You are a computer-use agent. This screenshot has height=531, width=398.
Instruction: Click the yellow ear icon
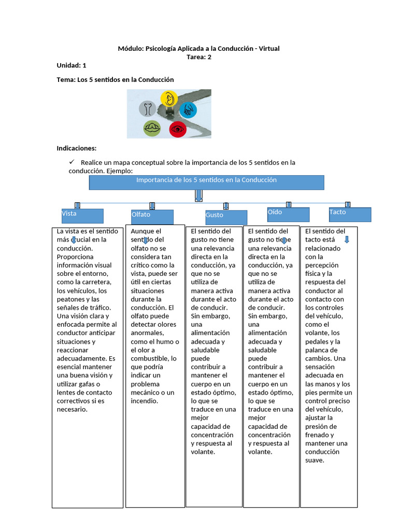pos(169,99)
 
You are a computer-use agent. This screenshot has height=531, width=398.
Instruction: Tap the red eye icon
pos(178,129)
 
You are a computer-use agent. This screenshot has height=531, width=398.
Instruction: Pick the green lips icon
pos(152,128)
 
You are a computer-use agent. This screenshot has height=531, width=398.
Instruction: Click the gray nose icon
pos(148,109)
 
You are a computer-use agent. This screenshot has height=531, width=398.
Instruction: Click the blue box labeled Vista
pos(82,216)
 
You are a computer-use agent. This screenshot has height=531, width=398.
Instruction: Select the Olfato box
pos(152,217)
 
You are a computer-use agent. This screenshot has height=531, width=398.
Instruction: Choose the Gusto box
pos(226,217)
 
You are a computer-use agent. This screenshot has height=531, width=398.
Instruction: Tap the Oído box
pos(288,215)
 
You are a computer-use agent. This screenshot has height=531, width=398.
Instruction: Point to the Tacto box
pos(350,215)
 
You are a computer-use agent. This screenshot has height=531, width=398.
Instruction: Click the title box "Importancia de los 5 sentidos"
pos(206,183)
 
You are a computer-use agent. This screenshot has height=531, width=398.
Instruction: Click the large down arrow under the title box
pos(198,195)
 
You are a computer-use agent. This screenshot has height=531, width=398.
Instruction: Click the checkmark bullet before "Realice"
pos(72,162)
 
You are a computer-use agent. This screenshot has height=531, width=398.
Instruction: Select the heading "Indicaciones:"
pos(77,148)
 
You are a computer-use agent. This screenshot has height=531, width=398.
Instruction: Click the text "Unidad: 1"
pos(72,65)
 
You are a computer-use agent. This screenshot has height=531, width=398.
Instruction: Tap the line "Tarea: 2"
pos(199,57)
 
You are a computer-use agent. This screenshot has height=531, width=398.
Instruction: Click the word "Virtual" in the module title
pos(269,48)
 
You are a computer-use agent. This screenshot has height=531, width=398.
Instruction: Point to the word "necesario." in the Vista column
pos(72,410)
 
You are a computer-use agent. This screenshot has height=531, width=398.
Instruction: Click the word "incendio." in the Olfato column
pos(145,401)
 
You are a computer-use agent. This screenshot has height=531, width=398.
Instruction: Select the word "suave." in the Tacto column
pos(315,460)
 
